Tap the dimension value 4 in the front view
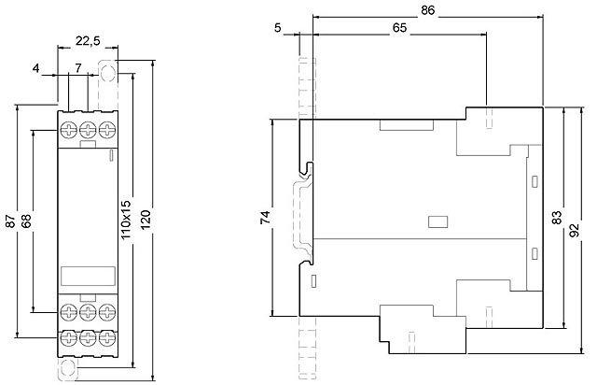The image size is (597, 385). click(36, 68)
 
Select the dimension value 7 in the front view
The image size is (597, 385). click(78, 68)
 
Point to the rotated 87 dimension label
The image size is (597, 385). click(10, 222)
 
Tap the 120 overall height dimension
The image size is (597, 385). click(145, 221)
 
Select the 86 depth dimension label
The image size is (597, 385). click(428, 10)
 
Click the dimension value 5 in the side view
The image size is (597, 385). click(279, 27)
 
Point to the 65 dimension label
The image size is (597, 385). click(397, 28)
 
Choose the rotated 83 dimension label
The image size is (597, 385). click(556, 217)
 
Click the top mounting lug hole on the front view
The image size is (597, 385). click(107, 70)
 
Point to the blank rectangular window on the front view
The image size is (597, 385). click(87, 277)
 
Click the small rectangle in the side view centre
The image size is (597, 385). click(435, 222)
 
